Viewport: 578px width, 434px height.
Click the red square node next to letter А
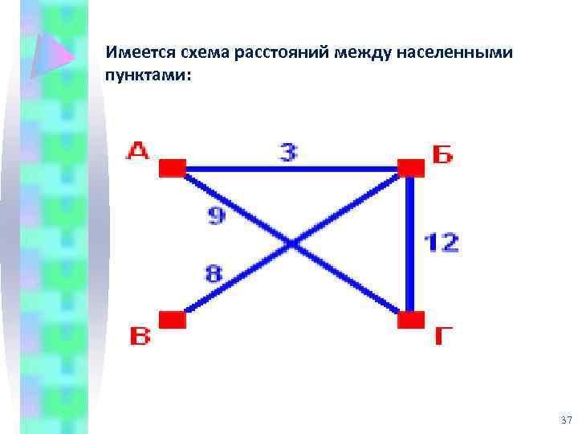(172, 167)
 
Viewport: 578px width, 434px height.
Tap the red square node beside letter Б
(411, 167)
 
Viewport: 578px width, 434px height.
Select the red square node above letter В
(172, 320)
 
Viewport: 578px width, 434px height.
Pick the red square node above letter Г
(411, 320)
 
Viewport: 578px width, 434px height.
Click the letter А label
(139, 151)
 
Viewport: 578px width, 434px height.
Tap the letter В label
(140, 335)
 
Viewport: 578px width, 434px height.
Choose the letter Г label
(444, 336)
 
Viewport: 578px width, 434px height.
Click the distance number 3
(288, 152)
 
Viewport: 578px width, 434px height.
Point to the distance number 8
(214, 274)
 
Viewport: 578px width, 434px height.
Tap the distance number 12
(441, 242)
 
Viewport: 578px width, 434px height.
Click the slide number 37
(566, 421)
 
